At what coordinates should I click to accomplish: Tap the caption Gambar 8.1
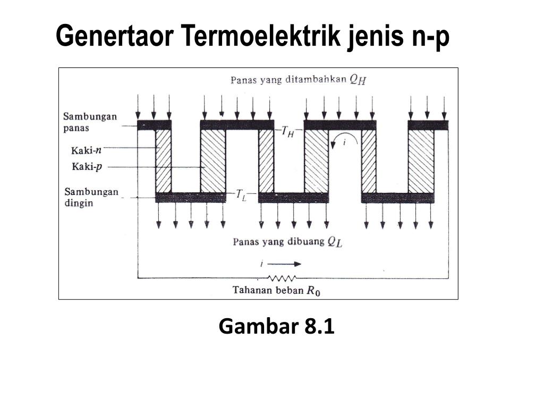[276, 327]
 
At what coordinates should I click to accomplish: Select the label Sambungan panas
[90, 122]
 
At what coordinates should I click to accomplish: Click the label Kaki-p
[86, 167]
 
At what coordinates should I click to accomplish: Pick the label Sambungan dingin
[91, 197]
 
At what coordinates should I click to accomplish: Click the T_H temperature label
[287, 132]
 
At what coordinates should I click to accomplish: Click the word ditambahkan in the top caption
[318, 80]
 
